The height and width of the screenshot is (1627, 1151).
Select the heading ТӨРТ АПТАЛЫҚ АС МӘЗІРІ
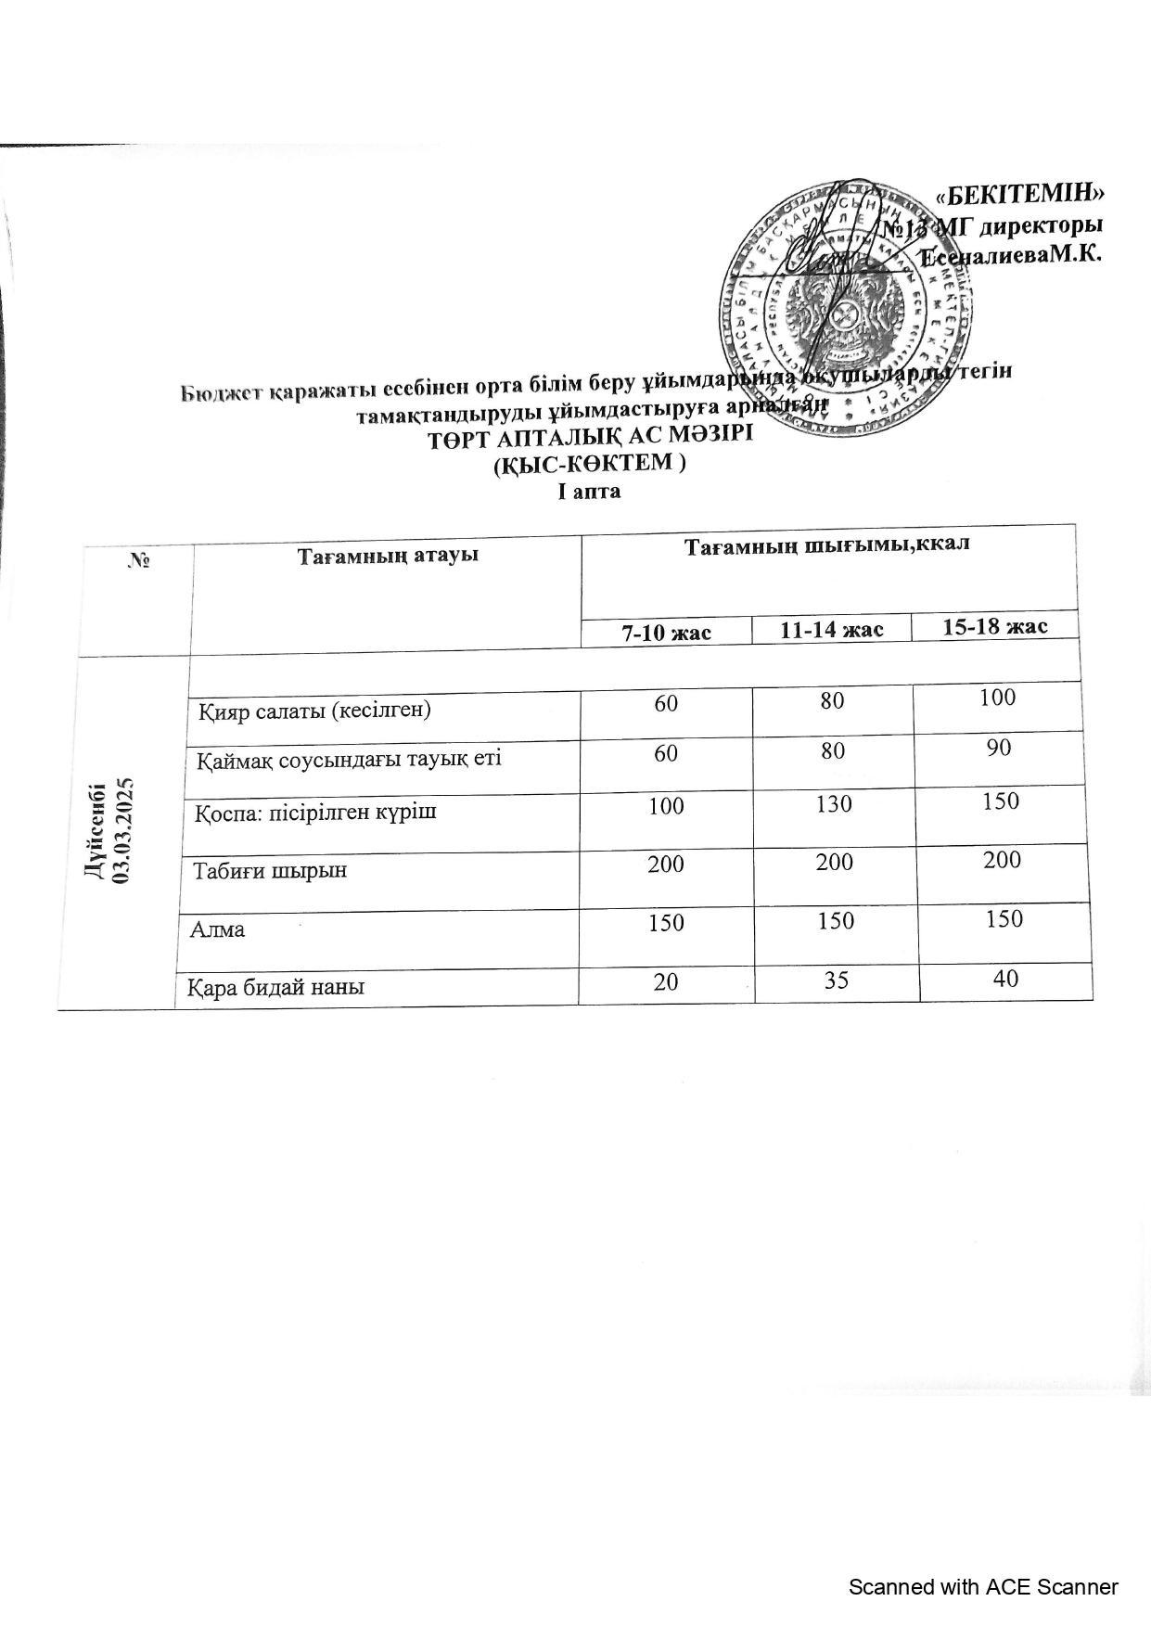(590, 437)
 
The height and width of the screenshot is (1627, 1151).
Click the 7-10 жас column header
(666, 632)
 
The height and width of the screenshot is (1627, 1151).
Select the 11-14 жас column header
(831, 630)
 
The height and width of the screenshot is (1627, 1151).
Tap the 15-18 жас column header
(995, 626)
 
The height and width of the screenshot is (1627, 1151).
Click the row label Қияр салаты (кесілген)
(315, 711)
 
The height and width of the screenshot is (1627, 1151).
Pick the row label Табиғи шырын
(270, 871)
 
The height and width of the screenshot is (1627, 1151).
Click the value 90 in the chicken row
(999, 749)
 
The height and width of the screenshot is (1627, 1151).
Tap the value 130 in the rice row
(834, 803)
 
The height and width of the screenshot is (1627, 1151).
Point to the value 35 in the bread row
(837, 980)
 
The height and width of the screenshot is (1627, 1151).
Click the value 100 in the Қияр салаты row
(998, 698)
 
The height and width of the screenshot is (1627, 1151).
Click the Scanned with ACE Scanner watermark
(983, 1587)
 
